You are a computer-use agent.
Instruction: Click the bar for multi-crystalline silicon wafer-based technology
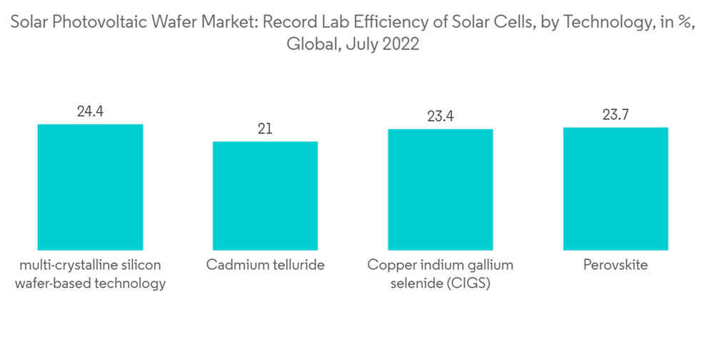[90, 187]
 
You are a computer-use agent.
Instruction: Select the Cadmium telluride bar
[265, 196]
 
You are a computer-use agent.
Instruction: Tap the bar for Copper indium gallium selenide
[441, 189]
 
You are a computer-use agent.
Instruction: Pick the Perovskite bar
[615, 189]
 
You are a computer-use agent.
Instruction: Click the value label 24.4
[90, 111]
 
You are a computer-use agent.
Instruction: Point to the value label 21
[265, 129]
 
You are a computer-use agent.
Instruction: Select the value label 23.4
[441, 116]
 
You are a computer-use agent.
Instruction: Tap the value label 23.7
[615, 115]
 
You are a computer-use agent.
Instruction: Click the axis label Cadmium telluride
[265, 265]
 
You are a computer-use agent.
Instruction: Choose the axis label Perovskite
[615, 265]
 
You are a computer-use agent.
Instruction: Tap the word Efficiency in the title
[394, 23]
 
